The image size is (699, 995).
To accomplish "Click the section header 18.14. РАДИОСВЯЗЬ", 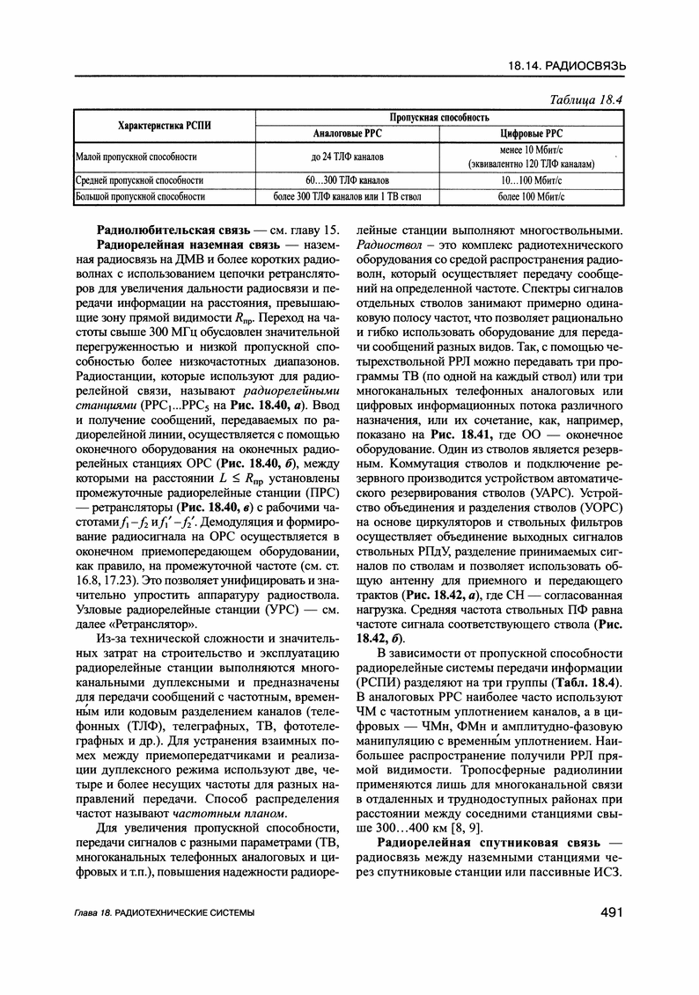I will point(567,66).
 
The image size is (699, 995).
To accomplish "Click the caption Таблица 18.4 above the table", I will point(585,99).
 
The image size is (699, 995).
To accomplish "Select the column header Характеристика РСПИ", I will point(165,125).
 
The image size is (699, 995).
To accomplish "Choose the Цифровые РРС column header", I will point(530,134).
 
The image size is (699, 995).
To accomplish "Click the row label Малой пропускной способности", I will point(136,157).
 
